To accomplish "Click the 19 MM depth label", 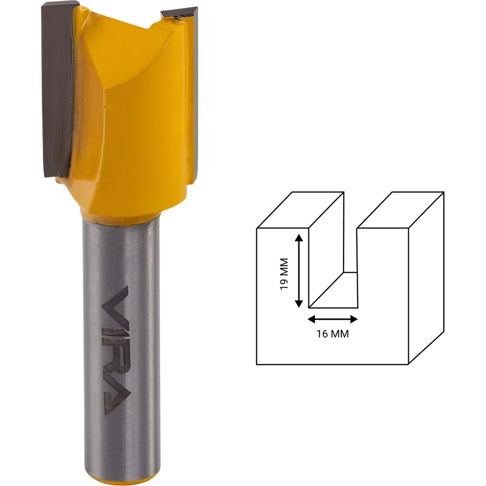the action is pyautogui.click(x=284, y=274).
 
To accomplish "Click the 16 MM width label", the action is pyautogui.click(x=332, y=334).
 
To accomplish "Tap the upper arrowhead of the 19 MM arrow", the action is pyautogui.click(x=299, y=238).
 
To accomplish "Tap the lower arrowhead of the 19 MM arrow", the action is pyautogui.click(x=299, y=303).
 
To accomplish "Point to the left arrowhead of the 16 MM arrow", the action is pyautogui.click(x=312, y=319).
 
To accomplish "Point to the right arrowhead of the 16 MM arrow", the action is pyautogui.click(x=354, y=319).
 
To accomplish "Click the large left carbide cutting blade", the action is pyautogui.click(x=57, y=90).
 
